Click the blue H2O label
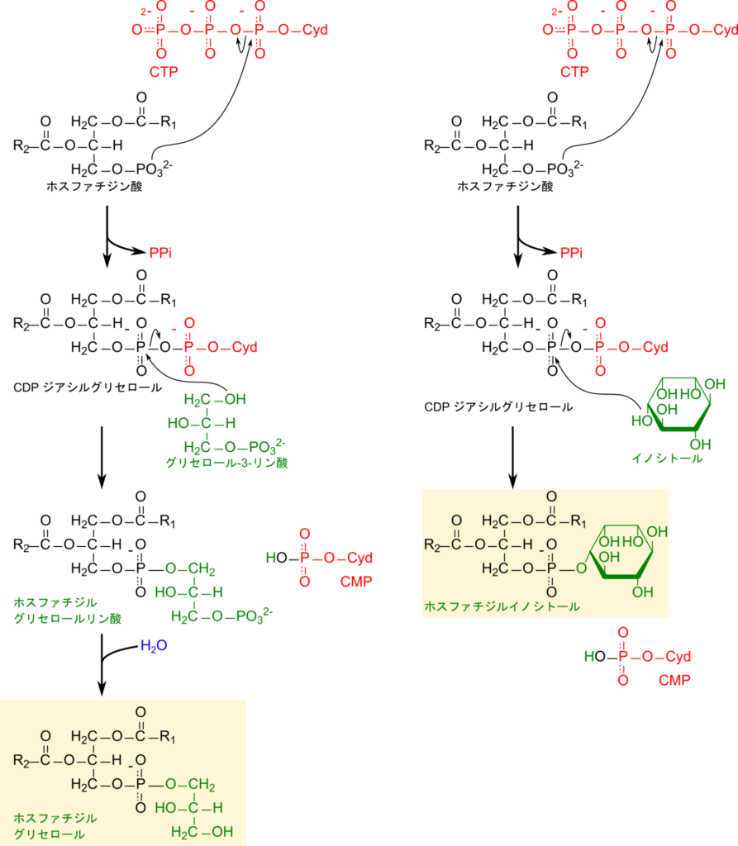coord(154,645)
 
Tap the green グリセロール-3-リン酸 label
coord(226,463)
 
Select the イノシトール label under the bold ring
coord(667,458)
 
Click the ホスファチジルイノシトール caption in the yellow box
coord(502,606)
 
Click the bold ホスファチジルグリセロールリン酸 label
coord(67,610)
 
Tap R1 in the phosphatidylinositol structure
coord(578,521)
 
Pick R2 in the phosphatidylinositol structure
coord(433,544)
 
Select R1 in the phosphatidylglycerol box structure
coord(169,735)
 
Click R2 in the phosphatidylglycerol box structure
coord(23,759)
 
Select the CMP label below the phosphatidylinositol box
coord(674,681)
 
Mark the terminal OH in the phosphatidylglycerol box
coord(222,831)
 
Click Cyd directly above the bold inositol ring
coord(655,347)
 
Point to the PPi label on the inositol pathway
coord(571,253)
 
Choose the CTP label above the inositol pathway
coord(574,72)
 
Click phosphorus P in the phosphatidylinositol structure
coord(551,568)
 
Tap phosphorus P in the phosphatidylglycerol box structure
coord(140,783)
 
